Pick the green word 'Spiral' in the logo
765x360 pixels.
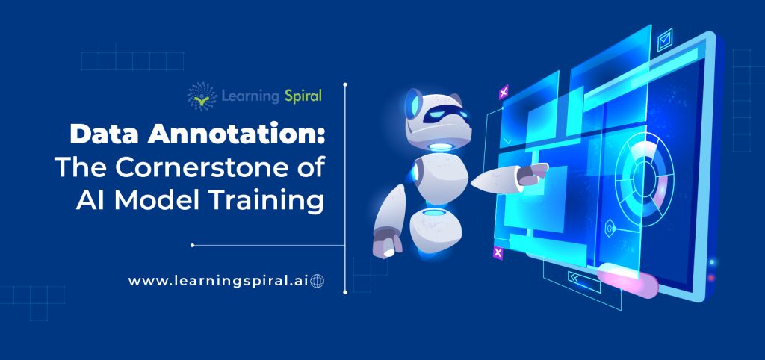point(303,96)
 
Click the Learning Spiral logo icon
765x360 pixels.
point(200,96)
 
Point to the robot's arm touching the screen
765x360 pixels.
point(508,176)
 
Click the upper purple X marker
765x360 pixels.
point(503,93)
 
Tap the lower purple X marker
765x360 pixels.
point(498,253)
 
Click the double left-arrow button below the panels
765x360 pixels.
point(575,278)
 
